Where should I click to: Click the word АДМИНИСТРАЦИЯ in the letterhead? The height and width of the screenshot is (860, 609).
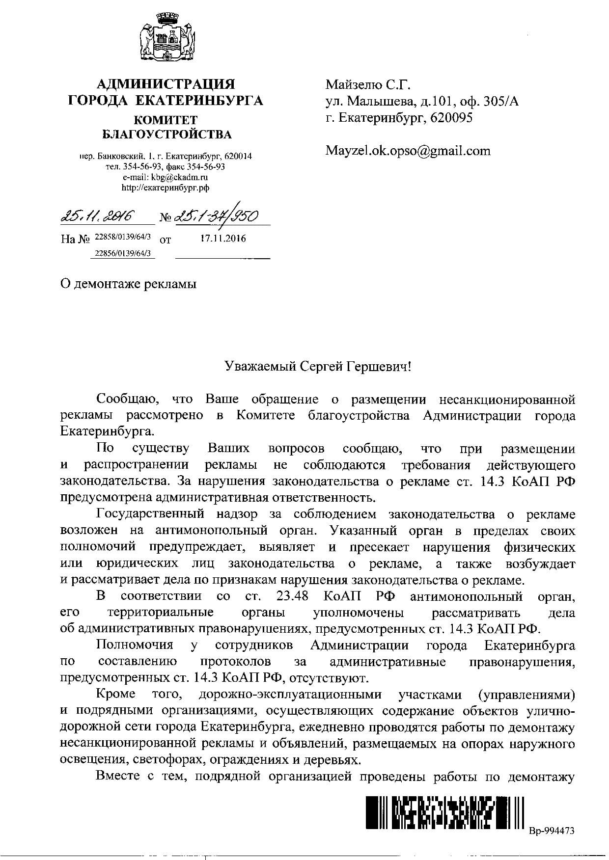coord(165,84)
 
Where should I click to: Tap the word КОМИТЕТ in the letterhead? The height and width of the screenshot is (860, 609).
coord(166,120)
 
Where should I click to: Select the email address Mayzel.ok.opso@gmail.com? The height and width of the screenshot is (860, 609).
coord(408,151)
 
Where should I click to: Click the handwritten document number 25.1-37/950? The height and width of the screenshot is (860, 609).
coord(216,215)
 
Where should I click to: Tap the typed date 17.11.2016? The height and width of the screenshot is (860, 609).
coord(223,239)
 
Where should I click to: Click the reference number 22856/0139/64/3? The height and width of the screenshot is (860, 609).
coord(122,253)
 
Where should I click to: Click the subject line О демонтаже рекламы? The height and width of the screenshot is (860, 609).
coord(128,284)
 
